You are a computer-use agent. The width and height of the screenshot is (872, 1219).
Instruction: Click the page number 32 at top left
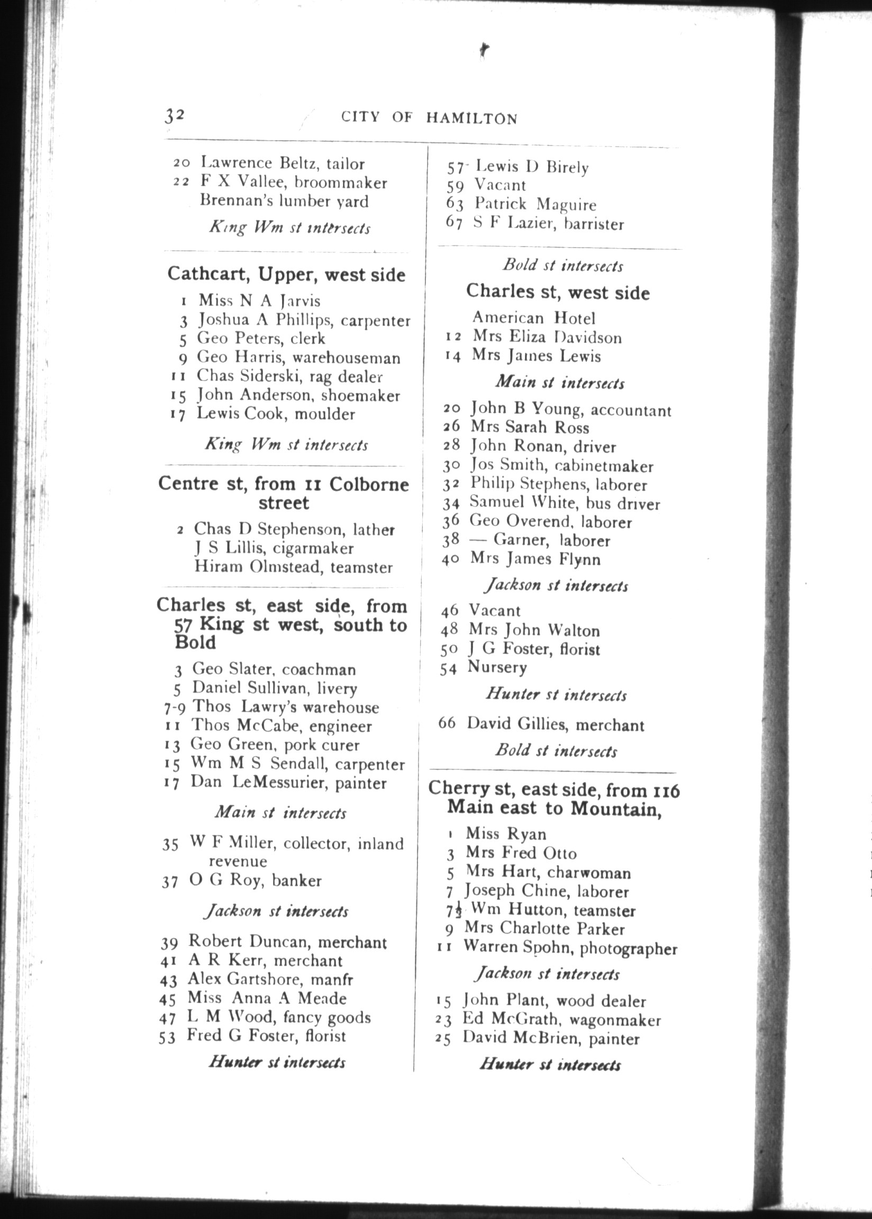(x=175, y=115)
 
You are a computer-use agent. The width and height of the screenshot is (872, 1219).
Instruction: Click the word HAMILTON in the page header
(x=471, y=119)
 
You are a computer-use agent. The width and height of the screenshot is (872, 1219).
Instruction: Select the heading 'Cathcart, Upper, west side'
(x=286, y=274)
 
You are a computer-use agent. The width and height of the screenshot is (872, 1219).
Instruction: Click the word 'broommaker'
(x=340, y=183)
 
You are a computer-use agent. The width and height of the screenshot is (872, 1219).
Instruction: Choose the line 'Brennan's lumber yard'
(x=284, y=201)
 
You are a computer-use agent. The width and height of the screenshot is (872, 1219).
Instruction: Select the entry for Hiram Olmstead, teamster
(x=293, y=567)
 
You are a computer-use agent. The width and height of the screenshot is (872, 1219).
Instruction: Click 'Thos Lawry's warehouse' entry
(x=285, y=707)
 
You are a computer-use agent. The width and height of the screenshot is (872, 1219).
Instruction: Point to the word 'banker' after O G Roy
(x=296, y=881)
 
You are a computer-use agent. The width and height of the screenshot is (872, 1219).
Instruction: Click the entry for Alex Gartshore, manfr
(x=270, y=980)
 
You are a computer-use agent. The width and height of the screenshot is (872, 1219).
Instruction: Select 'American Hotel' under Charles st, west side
(x=534, y=319)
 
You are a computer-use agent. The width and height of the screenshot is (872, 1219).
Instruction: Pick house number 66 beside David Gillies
(x=447, y=723)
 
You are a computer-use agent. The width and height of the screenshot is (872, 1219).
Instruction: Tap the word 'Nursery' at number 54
(x=497, y=667)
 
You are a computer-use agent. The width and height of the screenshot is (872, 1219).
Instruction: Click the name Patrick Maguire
(x=535, y=205)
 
